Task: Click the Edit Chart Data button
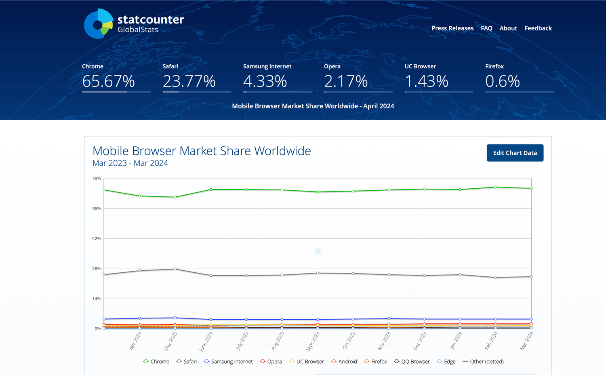click(x=515, y=153)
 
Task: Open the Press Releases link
click(x=452, y=28)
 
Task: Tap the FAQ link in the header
click(x=486, y=28)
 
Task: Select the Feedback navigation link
click(x=538, y=28)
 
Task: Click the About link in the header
click(x=508, y=28)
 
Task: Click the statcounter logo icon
click(x=98, y=24)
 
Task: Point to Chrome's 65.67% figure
click(x=108, y=81)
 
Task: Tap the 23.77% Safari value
click(x=189, y=81)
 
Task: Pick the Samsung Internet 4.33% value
click(x=265, y=81)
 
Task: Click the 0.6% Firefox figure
click(x=502, y=81)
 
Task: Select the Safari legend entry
click(x=187, y=362)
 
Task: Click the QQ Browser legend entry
click(x=412, y=362)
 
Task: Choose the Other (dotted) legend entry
click(x=483, y=362)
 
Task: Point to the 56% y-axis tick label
click(x=97, y=209)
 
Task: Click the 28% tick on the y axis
click(x=97, y=269)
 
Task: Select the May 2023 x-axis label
click(x=170, y=341)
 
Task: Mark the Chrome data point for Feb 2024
click(x=496, y=187)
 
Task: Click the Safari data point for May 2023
click(x=175, y=269)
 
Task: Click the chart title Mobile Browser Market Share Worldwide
click(x=202, y=151)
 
